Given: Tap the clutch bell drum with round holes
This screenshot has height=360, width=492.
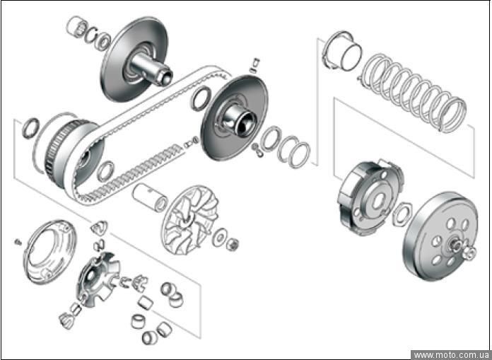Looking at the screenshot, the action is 440,236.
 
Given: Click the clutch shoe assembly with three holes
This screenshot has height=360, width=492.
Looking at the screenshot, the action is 370,197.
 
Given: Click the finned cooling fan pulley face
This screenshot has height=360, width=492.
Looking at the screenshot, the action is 190,220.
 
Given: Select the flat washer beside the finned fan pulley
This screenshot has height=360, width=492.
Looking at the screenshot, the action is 219,238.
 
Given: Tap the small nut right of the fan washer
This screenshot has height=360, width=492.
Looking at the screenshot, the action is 232,244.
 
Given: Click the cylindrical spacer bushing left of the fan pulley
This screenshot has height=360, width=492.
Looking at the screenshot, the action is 151,198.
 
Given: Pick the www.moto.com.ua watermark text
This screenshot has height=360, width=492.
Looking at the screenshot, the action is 451,355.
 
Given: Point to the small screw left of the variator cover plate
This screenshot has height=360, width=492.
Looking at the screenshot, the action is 18,242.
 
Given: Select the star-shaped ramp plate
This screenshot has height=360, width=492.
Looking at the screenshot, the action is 98,279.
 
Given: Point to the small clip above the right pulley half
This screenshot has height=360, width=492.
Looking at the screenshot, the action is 254,65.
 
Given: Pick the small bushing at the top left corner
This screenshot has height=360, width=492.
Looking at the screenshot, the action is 76,27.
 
